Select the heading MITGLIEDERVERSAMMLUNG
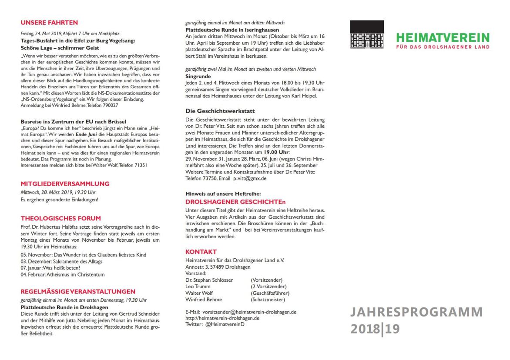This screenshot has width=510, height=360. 65,184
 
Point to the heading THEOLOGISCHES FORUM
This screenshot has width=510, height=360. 61,218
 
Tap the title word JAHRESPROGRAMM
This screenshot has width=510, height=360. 417,312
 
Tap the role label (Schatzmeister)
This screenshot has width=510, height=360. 268,299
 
